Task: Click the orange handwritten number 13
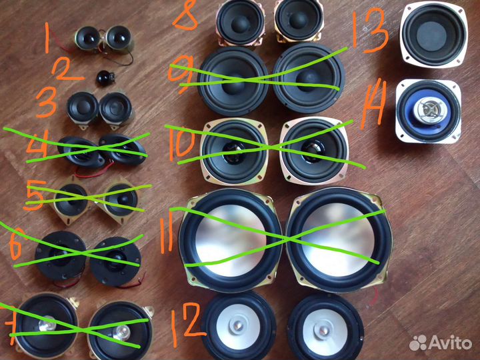tap(370, 30)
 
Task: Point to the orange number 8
tap(185, 16)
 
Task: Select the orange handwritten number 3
tap(47, 102)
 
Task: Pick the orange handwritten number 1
tap(47, 38)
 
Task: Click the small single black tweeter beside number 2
tap(105, 79)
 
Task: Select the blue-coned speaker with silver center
tap(428, 111)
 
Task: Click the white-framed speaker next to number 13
tap(433, 34)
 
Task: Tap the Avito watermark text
tap(449, 342)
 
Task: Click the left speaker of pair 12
tap(238, 326)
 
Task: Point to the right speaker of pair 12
tap(325, 328)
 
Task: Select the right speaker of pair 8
tap(299, 21)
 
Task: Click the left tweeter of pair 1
tap(87, 39)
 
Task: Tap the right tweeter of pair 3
tap(116, 109)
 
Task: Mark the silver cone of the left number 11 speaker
tap(230, 241)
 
